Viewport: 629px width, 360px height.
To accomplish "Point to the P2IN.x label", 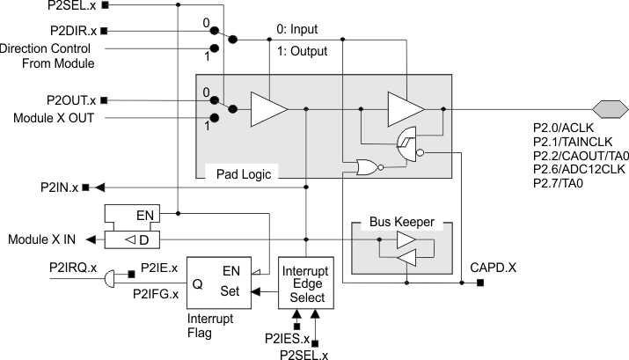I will coord(59,187).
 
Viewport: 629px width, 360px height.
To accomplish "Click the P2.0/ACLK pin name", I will coord(564,129).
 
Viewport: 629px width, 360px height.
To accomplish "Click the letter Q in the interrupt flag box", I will coord(199,283).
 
